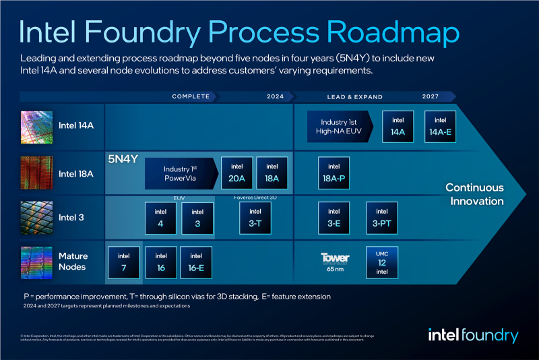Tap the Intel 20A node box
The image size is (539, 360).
click(237, 173)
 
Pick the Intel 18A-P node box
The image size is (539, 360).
click(334, 173)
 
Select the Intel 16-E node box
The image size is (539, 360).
click(196, 263)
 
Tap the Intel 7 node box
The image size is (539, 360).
click(124, 263)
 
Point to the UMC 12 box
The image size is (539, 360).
click(382, 263)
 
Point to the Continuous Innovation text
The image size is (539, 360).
click(474, 194)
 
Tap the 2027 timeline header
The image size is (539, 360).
click(431, 96)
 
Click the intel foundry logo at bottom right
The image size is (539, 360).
click(473, 336)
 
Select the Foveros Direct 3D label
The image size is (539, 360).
click(251, 198)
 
